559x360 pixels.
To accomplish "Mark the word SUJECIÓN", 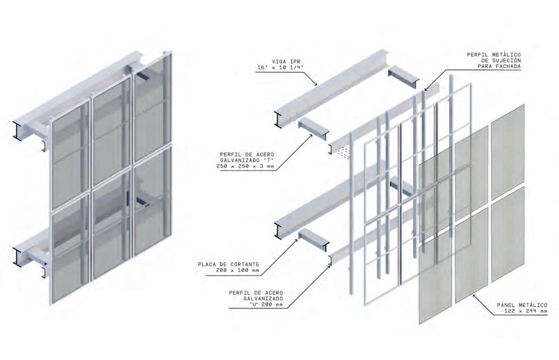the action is click(505, 61).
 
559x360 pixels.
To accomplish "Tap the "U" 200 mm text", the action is click(264, 305).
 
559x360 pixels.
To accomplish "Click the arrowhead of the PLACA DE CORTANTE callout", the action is click(298, 240).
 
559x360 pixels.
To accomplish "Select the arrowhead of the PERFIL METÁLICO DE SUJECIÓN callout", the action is click(425, 89).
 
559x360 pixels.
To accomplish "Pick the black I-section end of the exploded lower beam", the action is click(277, 230).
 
